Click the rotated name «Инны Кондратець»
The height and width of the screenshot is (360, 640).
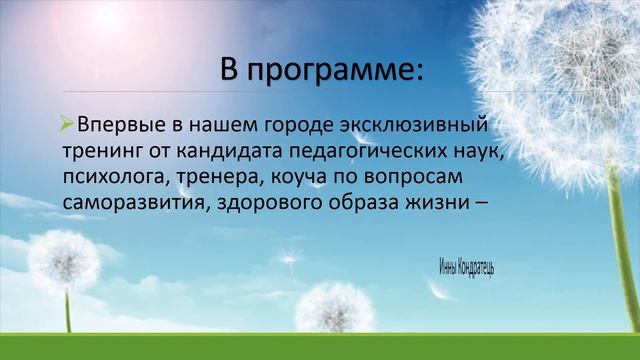tap(466, 266)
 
